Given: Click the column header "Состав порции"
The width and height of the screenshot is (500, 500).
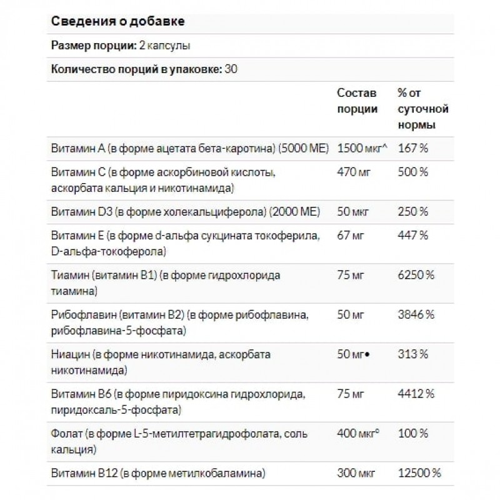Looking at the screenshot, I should pos(357,101).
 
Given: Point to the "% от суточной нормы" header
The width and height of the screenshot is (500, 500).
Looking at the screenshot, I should pos(422,109).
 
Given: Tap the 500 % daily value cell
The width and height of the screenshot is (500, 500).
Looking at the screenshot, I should pos(414,172).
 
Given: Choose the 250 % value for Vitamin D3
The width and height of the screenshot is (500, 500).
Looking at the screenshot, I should pos(413,212).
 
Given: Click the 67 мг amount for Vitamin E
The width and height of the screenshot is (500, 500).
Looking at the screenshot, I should pos(351,236).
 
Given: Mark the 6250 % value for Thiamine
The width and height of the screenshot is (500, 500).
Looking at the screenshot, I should pos(416,276).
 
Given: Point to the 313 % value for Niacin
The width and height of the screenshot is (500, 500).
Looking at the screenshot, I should pos(412,355).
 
